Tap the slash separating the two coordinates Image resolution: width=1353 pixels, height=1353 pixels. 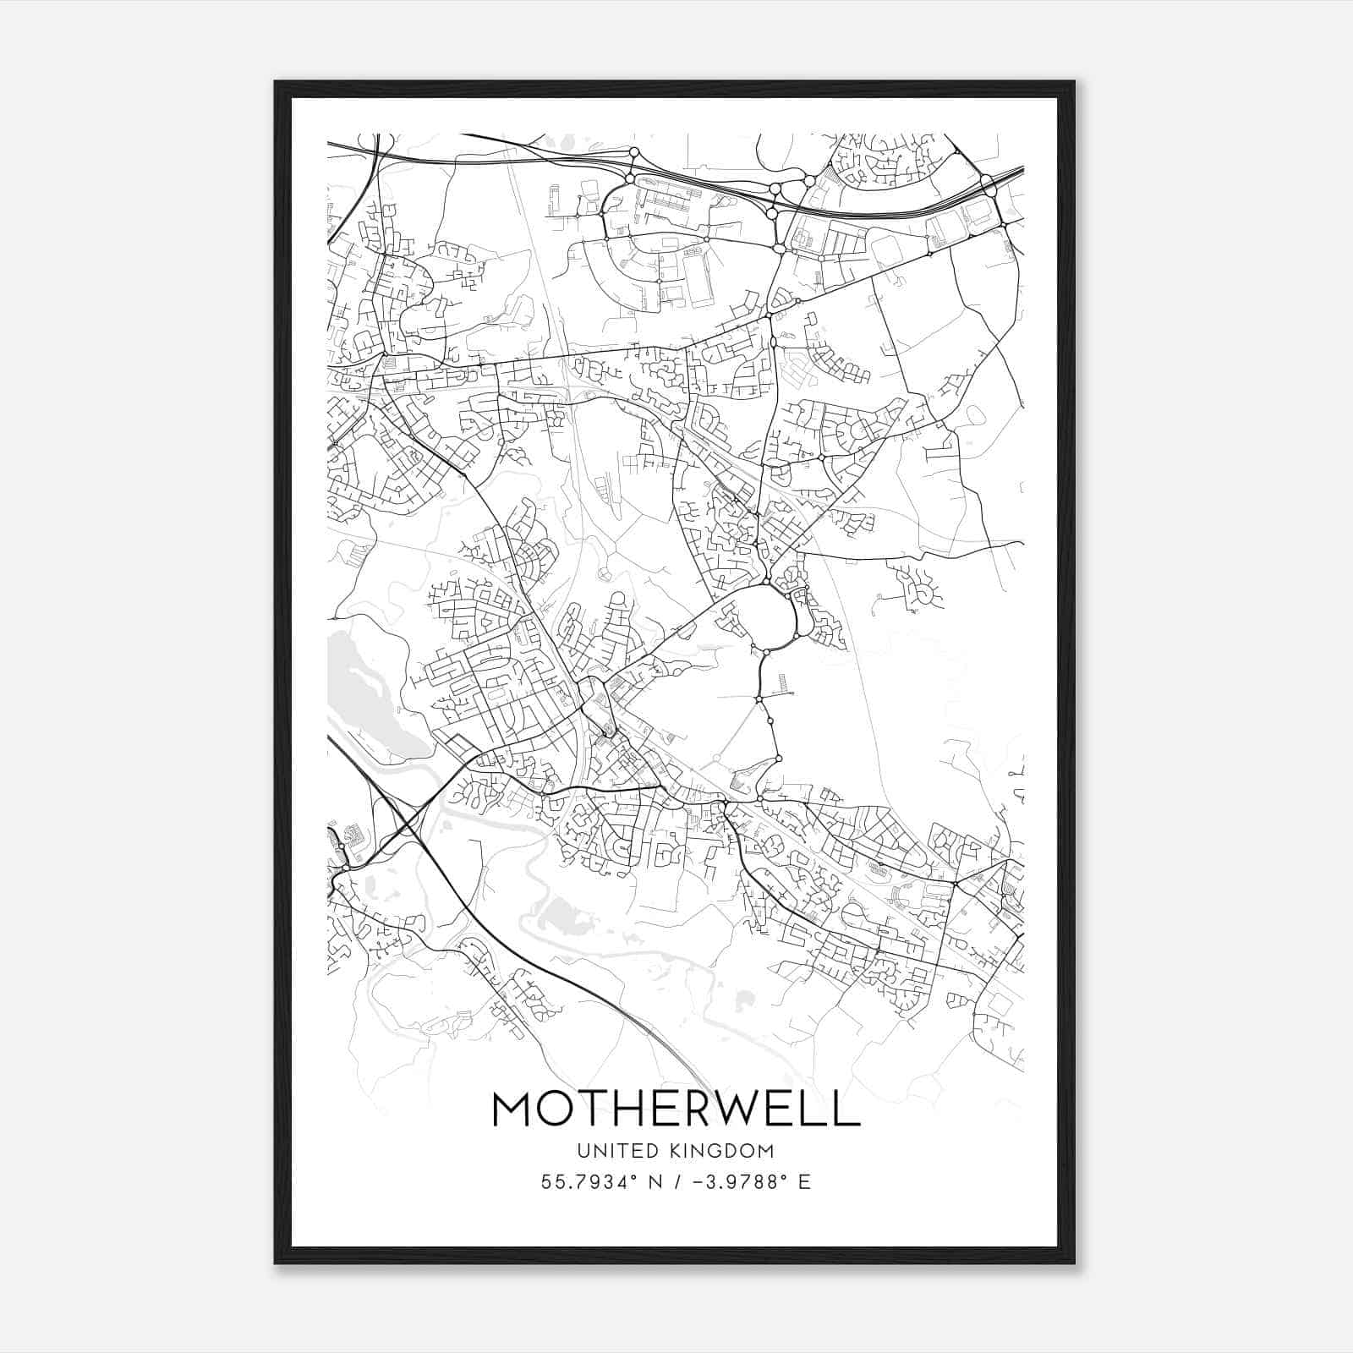tap(675, 1182)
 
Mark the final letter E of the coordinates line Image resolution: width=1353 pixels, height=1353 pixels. tap(805, 1182)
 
